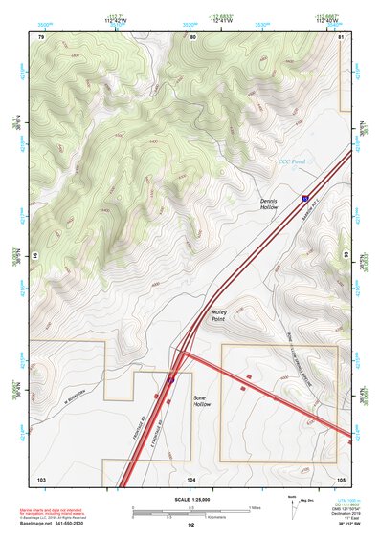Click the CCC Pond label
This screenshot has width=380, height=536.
(x=290, y=162)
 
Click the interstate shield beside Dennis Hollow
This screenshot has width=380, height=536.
(x=305, y=198)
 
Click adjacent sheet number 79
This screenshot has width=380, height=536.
(x=41, y=37)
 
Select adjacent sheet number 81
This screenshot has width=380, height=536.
(x=341, y=37)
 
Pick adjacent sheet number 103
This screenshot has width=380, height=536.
(x=41, y=478)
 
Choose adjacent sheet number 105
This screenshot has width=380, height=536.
(x=340, y=478)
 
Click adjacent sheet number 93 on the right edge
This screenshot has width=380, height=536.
(x=345, y=255)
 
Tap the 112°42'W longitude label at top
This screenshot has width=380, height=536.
(x=117, y=17)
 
